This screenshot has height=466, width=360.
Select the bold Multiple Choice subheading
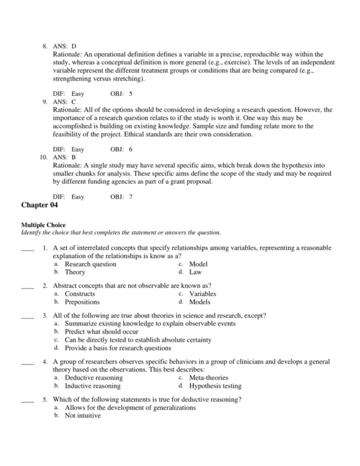43,225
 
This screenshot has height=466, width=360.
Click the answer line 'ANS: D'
65,46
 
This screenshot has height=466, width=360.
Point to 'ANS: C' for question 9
65,102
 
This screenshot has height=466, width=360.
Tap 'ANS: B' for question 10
65,158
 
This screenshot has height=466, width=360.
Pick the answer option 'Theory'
75,272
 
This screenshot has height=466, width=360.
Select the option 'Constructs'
80,294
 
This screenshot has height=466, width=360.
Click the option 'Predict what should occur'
101,331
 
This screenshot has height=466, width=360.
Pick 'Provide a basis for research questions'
118,348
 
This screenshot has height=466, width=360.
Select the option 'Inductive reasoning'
92,386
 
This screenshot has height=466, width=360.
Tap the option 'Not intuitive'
83,416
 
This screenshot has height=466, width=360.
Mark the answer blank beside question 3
28,315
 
